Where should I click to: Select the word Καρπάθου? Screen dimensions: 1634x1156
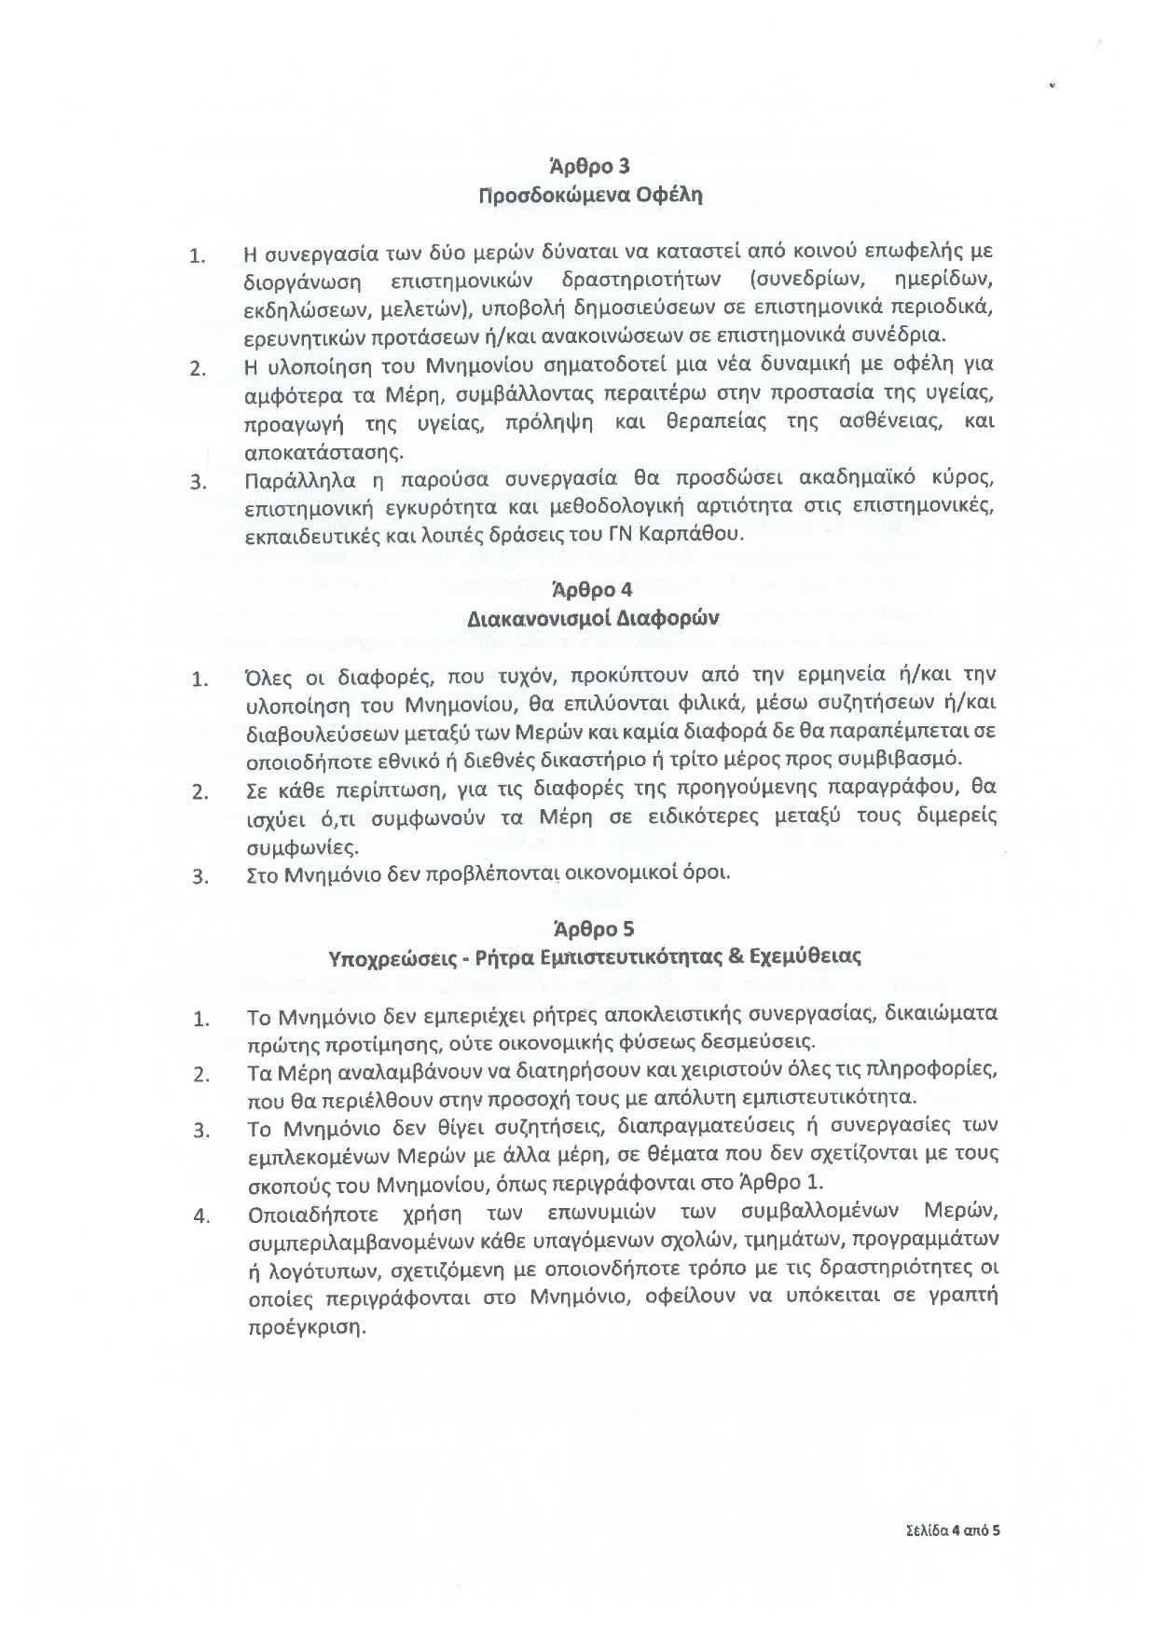pos(703,535)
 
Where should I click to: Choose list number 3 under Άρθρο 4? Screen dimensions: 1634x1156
pos(199,877)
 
